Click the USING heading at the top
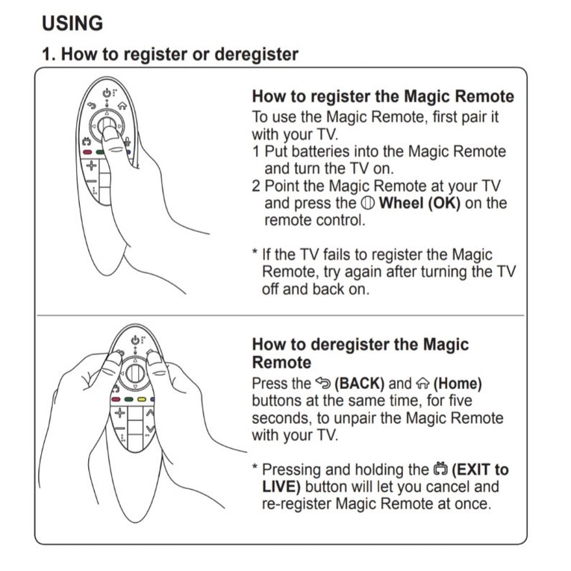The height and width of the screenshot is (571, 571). (x=72, y=23)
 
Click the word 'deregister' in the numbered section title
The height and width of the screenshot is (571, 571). (x=256, y=54)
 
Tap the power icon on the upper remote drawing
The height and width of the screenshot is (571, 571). (x=107, y=93)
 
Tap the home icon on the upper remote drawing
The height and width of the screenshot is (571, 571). (x=122, y=106)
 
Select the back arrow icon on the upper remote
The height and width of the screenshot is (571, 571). (x=91, y=105)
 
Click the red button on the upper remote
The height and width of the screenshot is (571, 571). (x=87, y=152)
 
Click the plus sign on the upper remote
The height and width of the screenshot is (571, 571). (x=91, y=166)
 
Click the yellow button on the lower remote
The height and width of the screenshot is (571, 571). (x=141, y=399)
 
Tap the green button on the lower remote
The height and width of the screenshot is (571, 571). (x=128, y=399)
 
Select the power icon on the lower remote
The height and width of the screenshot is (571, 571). (x=135, y=340)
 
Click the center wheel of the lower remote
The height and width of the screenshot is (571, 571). (x=135, y=372)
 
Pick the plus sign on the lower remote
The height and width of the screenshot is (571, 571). (x=120, y=413)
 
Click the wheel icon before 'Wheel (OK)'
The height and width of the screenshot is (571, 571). (x=368, y=203)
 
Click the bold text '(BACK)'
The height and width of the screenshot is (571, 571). (x=360, y=384)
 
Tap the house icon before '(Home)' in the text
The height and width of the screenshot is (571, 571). (x=422, y=384)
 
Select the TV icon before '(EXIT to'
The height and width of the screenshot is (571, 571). (x=440, y=469)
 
